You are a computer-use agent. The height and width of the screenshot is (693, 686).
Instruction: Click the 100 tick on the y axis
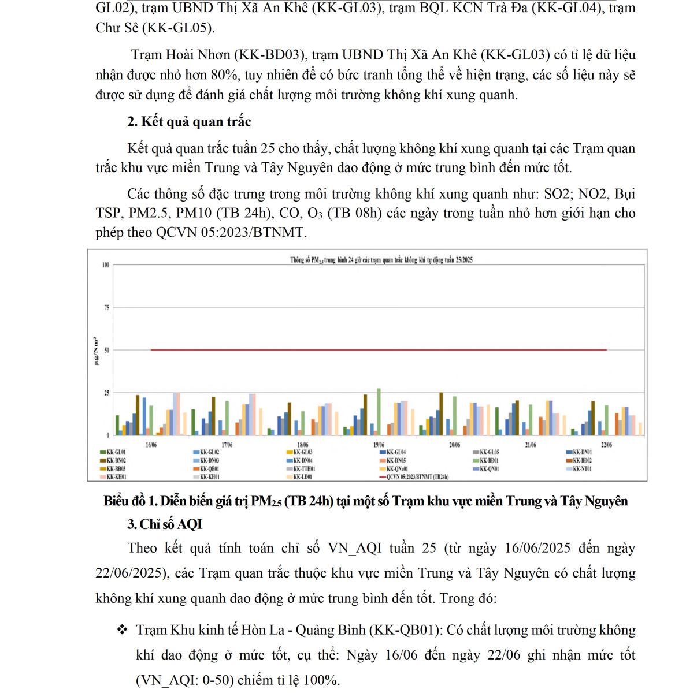pos(106,265)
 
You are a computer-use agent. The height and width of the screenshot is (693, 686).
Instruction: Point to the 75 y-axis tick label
pos(106,308)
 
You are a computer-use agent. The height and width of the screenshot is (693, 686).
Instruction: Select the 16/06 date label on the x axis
pos(151,445)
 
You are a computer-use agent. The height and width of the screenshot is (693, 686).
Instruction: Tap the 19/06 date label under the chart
pos(379,445)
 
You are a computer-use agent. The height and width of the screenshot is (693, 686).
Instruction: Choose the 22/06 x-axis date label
pos(606,445)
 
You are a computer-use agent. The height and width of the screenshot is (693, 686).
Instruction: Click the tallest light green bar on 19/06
pos(379,411)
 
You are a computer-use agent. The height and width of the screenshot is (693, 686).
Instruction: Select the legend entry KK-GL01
pos(116,453)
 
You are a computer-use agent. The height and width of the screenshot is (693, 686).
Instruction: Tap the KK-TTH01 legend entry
pos(304,469)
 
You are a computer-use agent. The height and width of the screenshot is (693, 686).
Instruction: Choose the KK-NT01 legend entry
pos(583,469)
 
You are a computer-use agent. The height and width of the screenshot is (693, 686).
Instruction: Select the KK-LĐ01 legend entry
pos(303,477)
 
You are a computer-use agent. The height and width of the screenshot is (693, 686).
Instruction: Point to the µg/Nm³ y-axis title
pos(96,351)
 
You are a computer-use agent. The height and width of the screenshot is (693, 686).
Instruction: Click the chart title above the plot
pos(381,260)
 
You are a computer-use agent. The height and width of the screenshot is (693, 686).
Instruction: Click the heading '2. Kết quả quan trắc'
pos(189,122)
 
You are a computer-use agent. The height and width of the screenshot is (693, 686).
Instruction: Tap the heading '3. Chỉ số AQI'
pos(165,524)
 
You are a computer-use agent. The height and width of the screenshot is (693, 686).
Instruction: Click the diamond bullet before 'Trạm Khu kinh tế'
pos(122,629)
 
